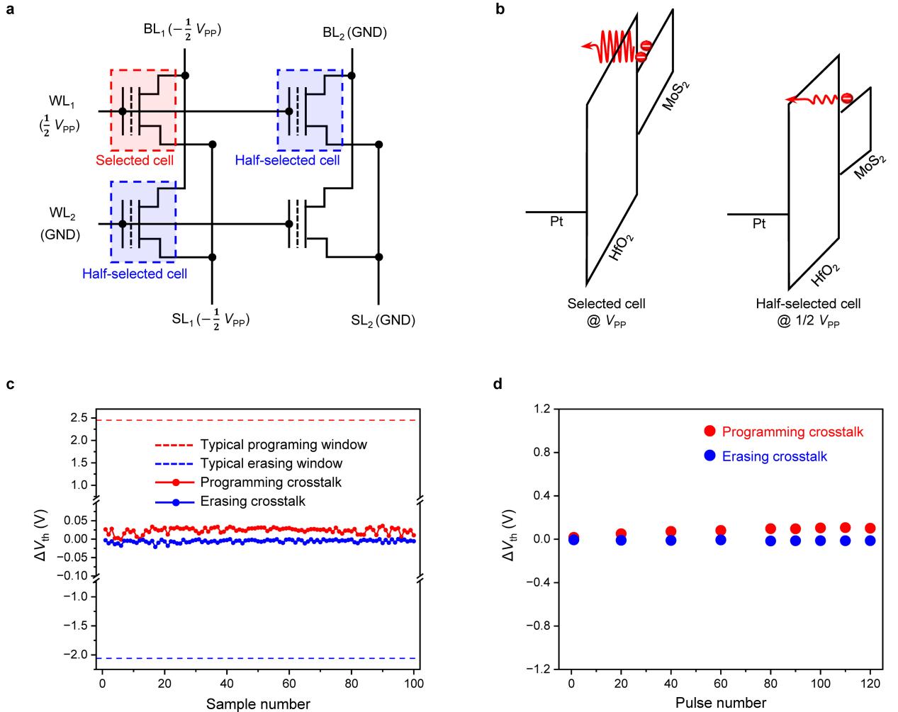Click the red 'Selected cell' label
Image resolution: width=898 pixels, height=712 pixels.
[x=135, y=161]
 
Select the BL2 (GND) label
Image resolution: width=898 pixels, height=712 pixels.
[x=354, y=33]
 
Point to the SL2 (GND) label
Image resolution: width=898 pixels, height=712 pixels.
[x=383, y=320]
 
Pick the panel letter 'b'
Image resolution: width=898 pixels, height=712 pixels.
[x=500, y=12]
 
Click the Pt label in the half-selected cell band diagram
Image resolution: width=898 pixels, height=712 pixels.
[x=759, y=224]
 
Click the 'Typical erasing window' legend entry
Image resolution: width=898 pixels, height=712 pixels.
[x=271, y=463]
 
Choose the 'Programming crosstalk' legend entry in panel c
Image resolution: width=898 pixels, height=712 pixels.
[x=271, y=482]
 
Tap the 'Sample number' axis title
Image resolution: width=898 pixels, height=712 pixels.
[x=258, y=703]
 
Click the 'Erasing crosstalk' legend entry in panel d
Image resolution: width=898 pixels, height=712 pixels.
[x=775, y=456]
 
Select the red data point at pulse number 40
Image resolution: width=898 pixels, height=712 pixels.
[x=670, y=531]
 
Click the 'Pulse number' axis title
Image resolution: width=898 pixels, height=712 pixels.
[x=720, y=703]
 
